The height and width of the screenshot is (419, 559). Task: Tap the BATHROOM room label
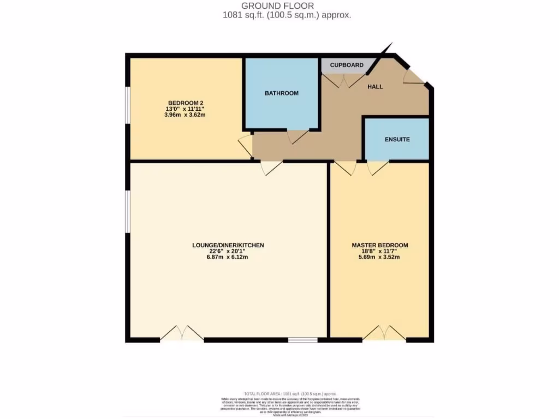pyautogui.click(x=282, y=93)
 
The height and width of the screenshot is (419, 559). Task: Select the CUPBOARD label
pyautogui.click(x=347, y=65)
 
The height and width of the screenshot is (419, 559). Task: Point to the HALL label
pyautogui.click(x=375, y=87)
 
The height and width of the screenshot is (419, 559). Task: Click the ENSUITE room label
pyautogui.click(x=397, y=139)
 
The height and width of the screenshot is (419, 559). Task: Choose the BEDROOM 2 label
pyautogui.click(x=186, y=103)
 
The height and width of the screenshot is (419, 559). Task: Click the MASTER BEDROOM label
pyautogui.click(x=379, y=246)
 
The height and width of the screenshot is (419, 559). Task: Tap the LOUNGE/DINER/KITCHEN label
pyautogui.click(x=228, y=246)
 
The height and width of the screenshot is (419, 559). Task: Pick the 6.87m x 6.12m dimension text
pyautogui.click(x=228, y=258)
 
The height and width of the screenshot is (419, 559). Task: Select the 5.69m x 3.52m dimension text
pyautogui.click(x=379, y=258)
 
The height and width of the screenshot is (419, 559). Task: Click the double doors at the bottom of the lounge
pyautogui.click(x=182, y=333)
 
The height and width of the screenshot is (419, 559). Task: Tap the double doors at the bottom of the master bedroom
pyautogui.click(x=384, y=333)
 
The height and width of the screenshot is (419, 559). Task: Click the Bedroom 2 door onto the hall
pyautogui.click(x=246, y=146)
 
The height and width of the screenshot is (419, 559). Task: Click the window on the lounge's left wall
pyautogui.click(x=127, y=212)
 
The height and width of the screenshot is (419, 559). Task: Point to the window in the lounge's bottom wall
pyautogui.click(x=303, y=340)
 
